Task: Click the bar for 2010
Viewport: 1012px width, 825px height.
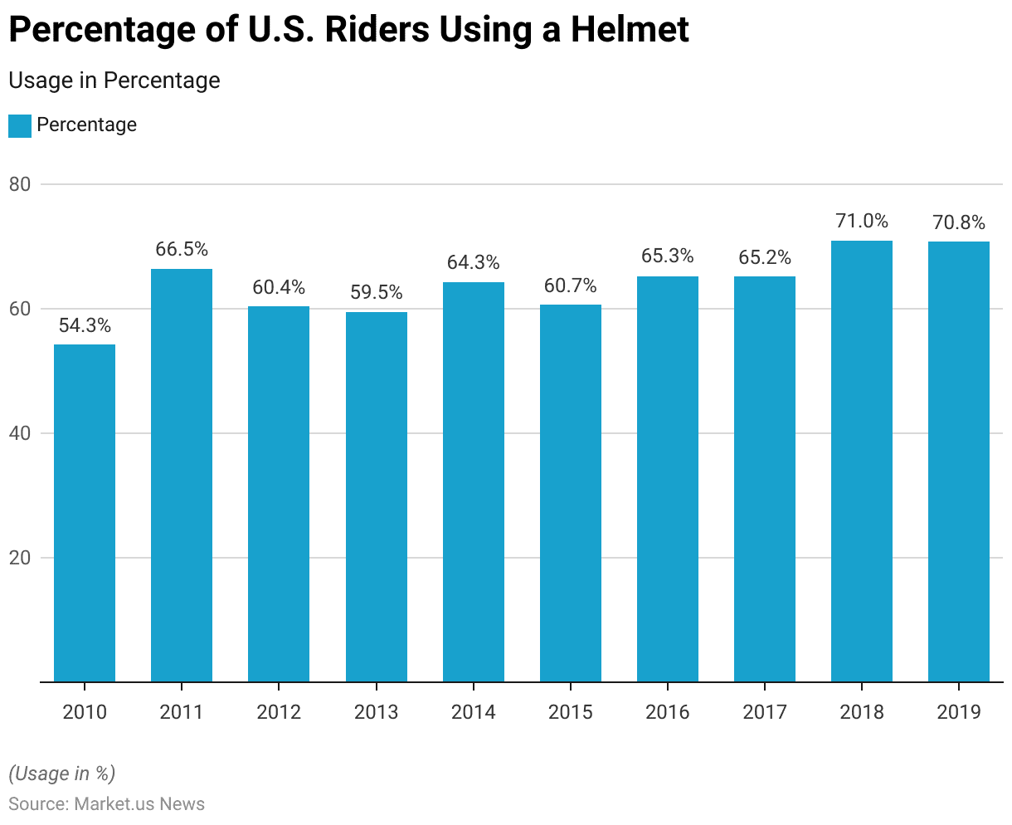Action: (85, 513)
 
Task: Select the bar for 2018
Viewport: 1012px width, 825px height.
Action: (861, 461)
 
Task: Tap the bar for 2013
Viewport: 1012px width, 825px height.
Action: (376, 496)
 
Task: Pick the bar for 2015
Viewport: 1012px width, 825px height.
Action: (571, 493)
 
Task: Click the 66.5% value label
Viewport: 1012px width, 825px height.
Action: (182, 249)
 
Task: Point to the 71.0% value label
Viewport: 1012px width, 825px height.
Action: (861, 221)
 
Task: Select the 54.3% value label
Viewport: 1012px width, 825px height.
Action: (85, 325)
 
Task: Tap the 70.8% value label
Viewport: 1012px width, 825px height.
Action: (958, 222)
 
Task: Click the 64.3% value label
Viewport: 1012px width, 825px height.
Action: (473, 262)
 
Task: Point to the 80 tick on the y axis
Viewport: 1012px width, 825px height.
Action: (20, 184)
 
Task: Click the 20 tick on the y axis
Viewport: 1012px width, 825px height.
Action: (20, 558)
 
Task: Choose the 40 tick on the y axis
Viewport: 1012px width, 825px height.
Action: (20, 433)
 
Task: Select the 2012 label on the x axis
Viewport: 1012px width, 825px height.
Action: (279, 712)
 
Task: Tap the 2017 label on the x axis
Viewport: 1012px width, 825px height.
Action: (765, 712)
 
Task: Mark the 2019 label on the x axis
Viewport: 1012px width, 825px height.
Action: (958, 712)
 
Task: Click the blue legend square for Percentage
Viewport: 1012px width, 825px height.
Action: (20, 125)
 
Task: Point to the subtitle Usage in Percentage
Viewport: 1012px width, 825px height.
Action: (114, 81)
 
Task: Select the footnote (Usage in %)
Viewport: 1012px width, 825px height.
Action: (62, 774)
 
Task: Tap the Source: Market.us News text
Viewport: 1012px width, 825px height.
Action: (107, 803)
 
